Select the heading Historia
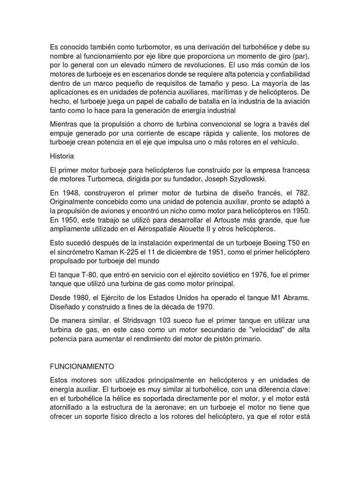(62, 155)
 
